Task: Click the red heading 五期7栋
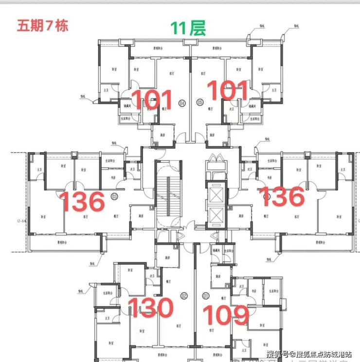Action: (x=42, y=25)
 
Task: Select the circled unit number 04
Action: (x=183, y=103)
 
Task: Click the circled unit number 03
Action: (x=115, y=196)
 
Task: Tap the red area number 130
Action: (x=150, y=308)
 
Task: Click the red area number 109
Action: (x=226, y=316)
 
